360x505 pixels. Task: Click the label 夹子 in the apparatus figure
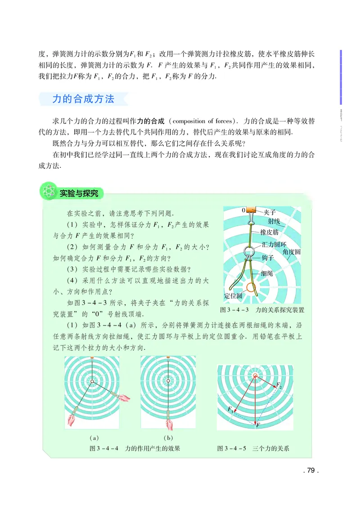click(x=270, y=212)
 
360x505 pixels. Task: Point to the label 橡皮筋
click(x=270, y=232)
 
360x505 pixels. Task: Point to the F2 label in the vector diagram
click(x=279, y=385)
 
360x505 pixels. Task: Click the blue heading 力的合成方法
click(x=83, y=99)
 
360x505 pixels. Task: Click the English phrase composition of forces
click(x=201, y=121)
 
